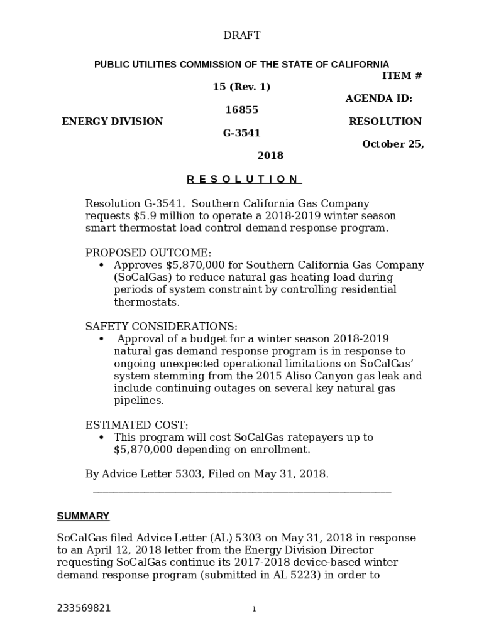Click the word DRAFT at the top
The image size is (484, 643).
(x=242, y=36)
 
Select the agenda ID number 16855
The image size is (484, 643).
(x=242, y=110)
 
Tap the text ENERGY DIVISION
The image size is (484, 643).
(x=112, y=121)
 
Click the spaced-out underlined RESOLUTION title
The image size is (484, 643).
(x=244, y=179)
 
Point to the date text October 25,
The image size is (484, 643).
(x=393, y=144)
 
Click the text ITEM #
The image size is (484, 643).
(x=402, y=76)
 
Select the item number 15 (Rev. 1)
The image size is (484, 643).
(x=242, y=87)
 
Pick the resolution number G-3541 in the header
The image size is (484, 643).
(x=242, y=133)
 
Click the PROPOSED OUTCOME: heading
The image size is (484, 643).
(x=148, y=252)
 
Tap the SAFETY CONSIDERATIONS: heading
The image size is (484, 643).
(x=162, y=327)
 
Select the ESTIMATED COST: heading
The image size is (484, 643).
(x=136, y=425)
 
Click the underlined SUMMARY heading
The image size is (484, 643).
(x=83, y=516)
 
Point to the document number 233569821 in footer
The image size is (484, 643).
(x=84, y=608)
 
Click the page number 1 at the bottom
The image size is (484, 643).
(x=254, y=609)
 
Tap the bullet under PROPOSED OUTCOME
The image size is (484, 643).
(x=102, y=266)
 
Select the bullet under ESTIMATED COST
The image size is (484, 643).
(x=102, y=438)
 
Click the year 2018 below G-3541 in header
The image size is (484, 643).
(x=270, y=156)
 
